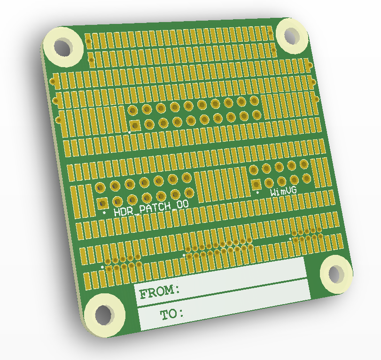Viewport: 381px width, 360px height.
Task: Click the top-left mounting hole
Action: (x=63, y=47)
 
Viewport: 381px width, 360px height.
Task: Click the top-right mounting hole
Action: (x=292, y=36)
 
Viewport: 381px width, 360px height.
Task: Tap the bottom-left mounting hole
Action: (x=104, y=315)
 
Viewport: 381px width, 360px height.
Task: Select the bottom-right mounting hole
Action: (x=336, y=273)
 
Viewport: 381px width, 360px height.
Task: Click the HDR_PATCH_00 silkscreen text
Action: (x=151, y=208)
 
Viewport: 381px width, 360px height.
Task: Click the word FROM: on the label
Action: (x=160, y=292)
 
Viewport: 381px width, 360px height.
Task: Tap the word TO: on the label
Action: (x=172, y=314)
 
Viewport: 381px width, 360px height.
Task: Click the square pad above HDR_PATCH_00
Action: (x=103, y=203)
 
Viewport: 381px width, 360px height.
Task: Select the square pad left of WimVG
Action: (x=256, y=185)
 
